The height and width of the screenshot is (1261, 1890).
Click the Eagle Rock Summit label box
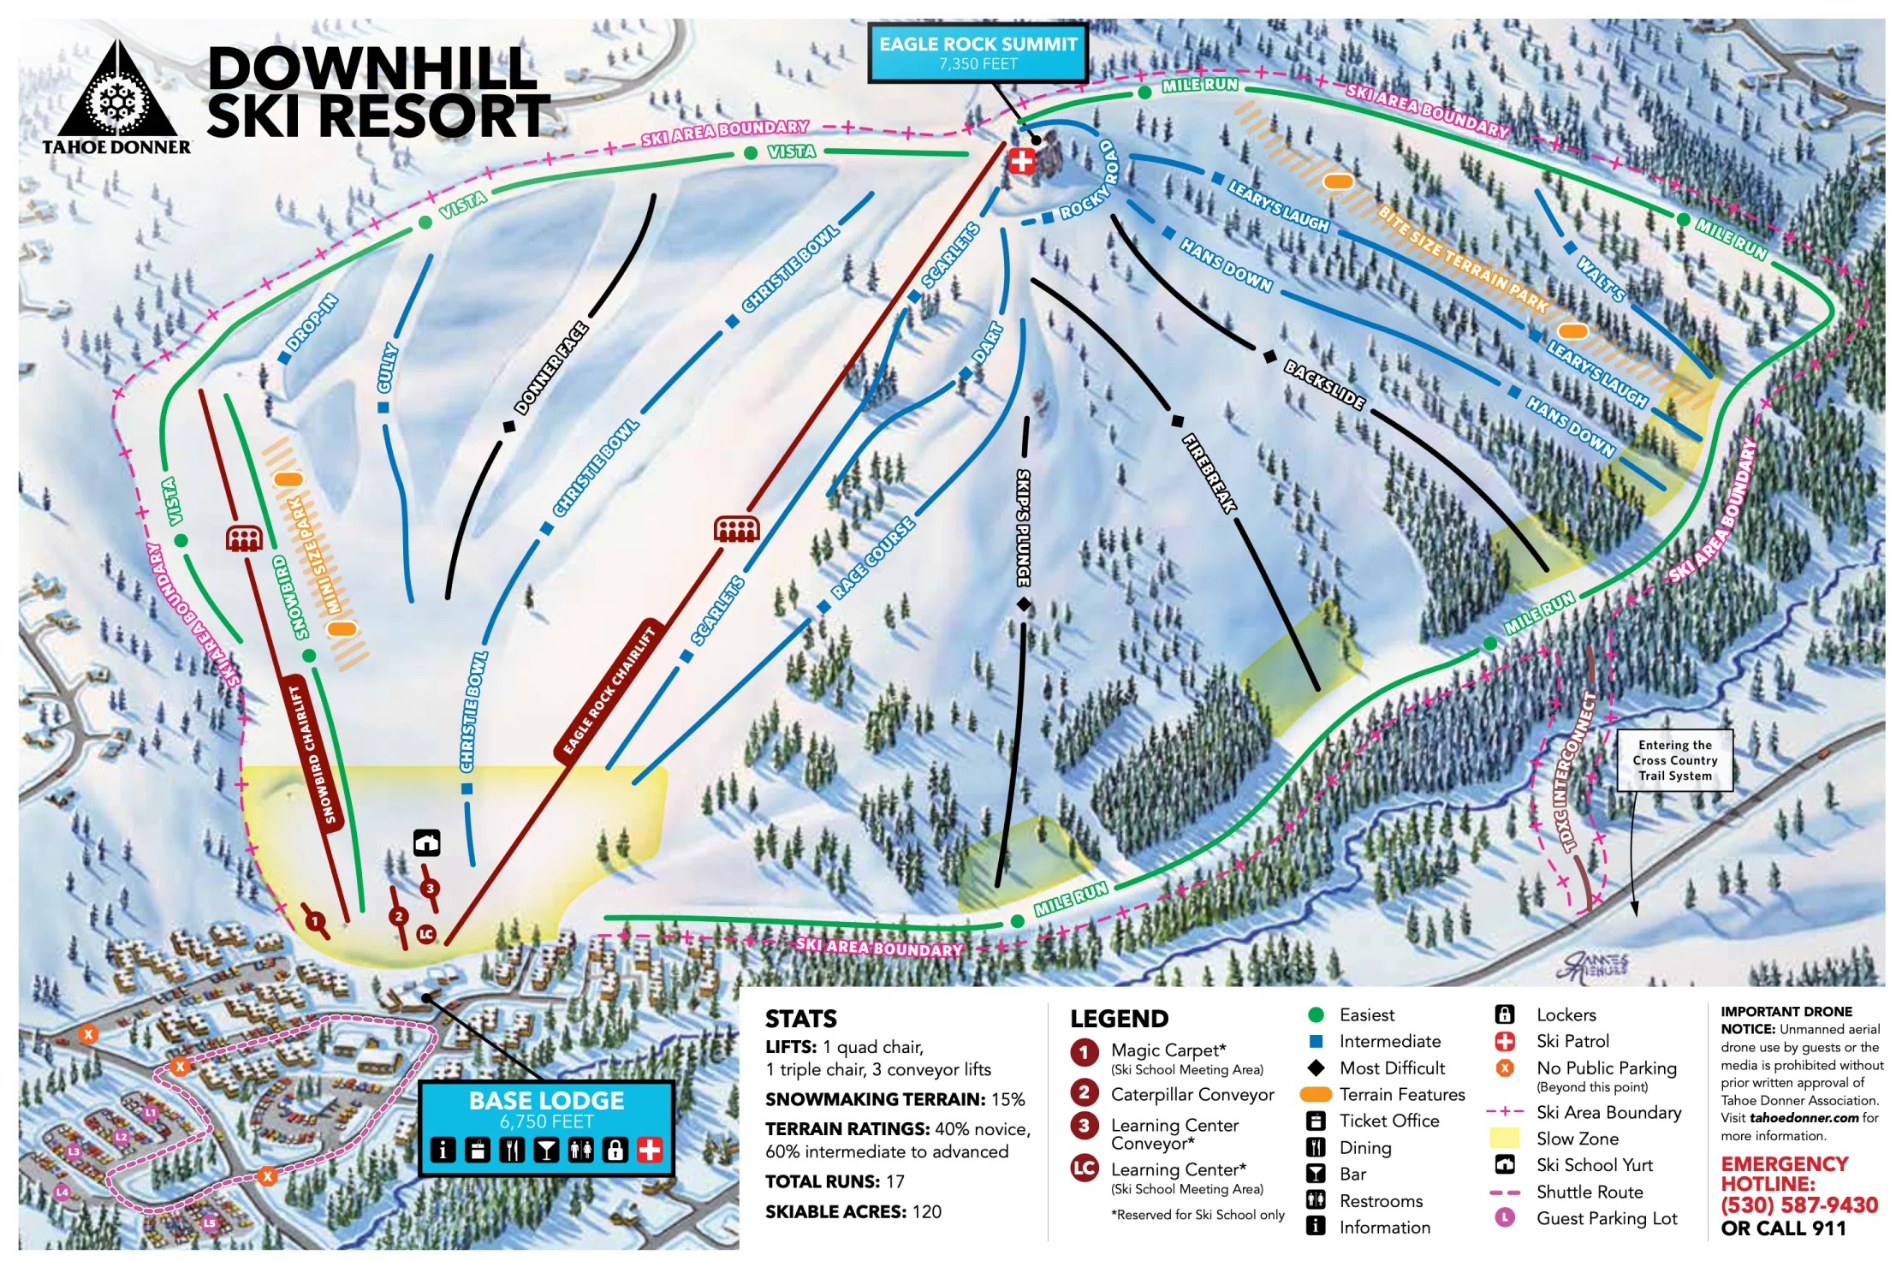(978, 52)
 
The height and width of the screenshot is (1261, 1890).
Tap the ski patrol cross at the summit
(1021, 160)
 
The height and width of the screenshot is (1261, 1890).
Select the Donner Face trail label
(550, 368)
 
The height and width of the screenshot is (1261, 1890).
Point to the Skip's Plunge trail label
(1024, 526)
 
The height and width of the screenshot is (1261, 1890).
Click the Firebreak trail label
(1209, 473)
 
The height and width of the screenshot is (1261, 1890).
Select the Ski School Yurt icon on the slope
(426, 842)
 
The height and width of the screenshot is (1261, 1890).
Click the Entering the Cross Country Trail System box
(1674, 760)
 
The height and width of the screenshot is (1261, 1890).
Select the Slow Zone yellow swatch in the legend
(1504, 1139)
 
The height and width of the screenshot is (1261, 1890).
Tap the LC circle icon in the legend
(1084, 1168)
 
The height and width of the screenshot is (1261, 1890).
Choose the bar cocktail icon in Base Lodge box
(545, 1150)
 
